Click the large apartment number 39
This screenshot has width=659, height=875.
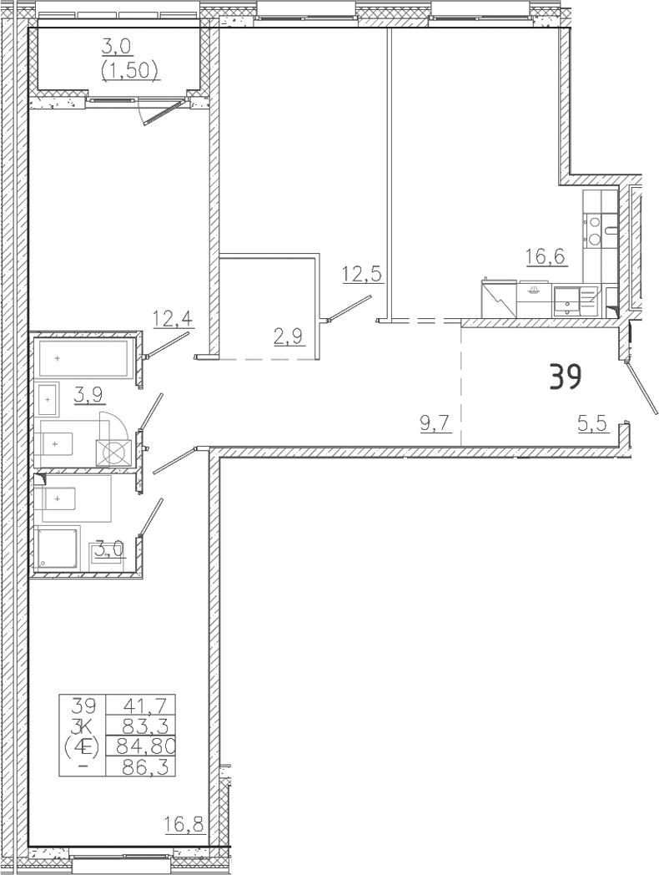pyautogui.click(x=566, y=377)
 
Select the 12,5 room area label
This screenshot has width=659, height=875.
pyautogui.click(x=363, y=275)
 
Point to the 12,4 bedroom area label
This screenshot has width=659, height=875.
pyautogui.click(x=173, y=320)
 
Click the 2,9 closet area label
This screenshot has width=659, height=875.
pyautogui.click(x=289, y=337)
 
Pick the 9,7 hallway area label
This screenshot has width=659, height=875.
pyautogui.click(x=435, y=425)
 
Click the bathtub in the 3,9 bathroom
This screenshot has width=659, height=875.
pyautogui.click(x=87, y=358)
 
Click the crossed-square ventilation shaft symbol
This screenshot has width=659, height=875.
pyautogui.click(x=113, y=453)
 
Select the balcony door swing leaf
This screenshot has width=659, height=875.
pyautogui.click(x=163, y=112)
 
